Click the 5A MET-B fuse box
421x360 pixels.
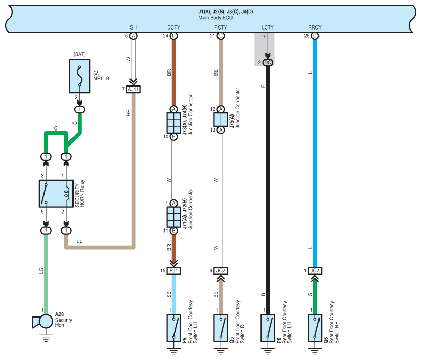point(79,76)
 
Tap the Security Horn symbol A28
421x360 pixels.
point(43,321)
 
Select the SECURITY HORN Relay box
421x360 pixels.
point(56,193)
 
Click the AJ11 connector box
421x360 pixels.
point(134,89)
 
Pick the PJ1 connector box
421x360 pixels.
point(173,271)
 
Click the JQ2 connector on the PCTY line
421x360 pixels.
point(221,271)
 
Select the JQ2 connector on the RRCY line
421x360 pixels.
point(315,271)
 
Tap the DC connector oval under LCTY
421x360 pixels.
point(268,63)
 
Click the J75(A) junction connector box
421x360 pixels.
point(221,120)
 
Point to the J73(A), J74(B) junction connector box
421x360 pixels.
point(173,123)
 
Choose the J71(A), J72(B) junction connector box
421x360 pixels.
point(173,217)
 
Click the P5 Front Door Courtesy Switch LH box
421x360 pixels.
point(173,328)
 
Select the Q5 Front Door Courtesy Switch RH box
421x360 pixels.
point(221,328)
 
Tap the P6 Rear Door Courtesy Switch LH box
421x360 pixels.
point(268,328)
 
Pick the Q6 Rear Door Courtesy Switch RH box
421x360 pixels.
point(315,328)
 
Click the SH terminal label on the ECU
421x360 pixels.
point(134,27)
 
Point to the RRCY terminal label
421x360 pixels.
point(315,27)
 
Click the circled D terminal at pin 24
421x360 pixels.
point(173,36)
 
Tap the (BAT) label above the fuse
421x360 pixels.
point(79,54)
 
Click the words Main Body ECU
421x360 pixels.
point(215,18)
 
